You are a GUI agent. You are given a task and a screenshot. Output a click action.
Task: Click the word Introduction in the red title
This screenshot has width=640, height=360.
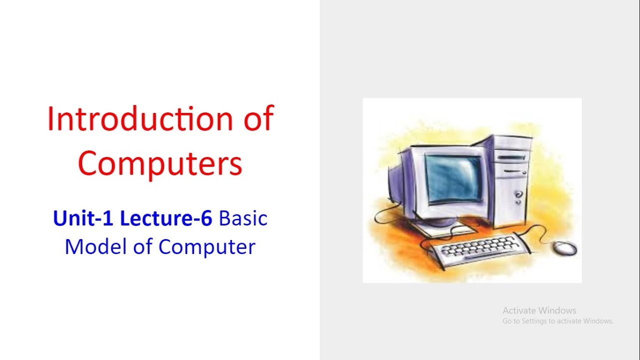139,120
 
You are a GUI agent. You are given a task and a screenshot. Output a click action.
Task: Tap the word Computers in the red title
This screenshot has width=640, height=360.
160,163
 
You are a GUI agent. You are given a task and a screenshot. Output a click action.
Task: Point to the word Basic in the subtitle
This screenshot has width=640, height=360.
243,218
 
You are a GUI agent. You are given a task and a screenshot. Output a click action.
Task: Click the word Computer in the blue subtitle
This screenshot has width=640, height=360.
207,246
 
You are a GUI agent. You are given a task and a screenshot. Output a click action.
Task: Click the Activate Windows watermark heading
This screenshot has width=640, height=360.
539,310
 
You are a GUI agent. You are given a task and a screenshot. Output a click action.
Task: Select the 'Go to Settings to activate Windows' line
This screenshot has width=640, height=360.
557,321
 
